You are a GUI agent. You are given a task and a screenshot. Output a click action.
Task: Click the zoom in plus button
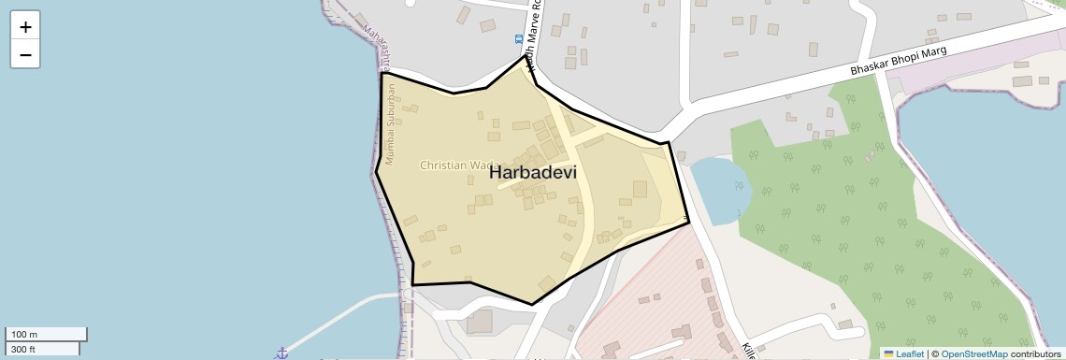[x=25, y=26]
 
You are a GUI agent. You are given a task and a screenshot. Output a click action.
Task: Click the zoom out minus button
[x=25, y=55]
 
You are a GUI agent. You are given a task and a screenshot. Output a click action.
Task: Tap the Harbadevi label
[x=533, y=173]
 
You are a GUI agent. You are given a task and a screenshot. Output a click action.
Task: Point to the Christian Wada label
[x=458, y=166]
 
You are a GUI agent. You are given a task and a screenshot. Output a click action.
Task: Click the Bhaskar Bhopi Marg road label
[x=898, y=63]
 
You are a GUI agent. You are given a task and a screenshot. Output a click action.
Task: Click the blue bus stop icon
[x=519, y=39]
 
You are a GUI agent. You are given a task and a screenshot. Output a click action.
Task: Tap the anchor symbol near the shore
[x=280, y=353]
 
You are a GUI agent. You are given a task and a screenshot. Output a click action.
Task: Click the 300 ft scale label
[x=22, y=349]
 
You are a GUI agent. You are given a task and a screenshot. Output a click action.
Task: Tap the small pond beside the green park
[x=718, y=190]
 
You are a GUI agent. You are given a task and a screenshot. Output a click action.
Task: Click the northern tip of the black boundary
[x=525, y=56]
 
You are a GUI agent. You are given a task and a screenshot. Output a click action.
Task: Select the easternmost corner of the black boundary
[x=689, y=222]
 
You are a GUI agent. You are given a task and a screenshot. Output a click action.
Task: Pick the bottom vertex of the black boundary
[x=532, y=304]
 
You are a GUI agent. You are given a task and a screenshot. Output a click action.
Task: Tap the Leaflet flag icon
[x=887, y=354]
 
